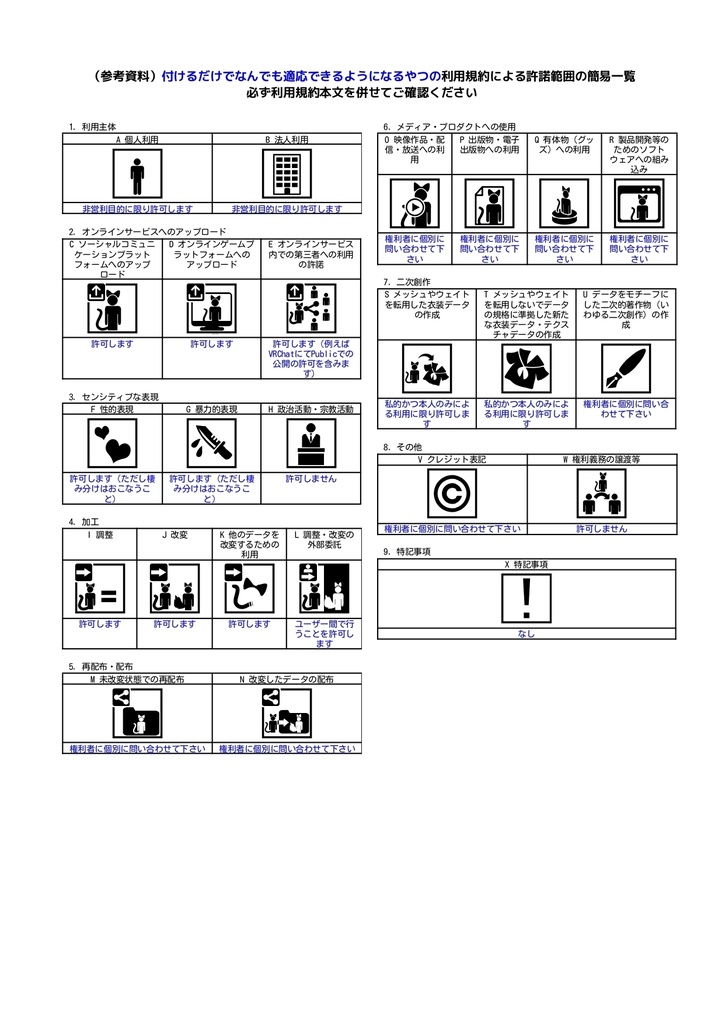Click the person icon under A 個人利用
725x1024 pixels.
click(137, 174)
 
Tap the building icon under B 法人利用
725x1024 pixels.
click(287, 174)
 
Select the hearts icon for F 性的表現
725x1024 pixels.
click(112, 442)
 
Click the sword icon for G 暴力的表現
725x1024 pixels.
click(211, 442)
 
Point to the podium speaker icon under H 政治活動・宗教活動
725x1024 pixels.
click(310, 442)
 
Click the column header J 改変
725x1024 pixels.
click(174, 535)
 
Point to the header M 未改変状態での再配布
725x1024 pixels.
click(137, 679)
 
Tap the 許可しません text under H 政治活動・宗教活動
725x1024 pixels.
click(310, 479)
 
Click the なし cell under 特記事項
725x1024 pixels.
click(526, 633)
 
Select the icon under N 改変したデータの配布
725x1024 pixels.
click(287, 714)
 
